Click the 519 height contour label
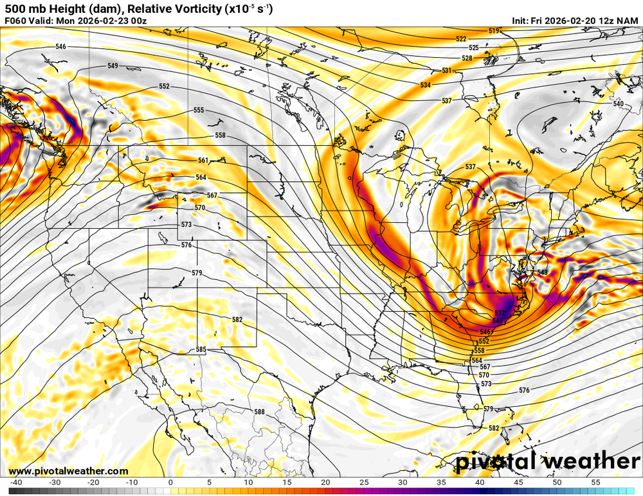(494, 31)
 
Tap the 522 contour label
(461, 39)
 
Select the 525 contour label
(473, 48)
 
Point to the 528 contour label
(467, 58)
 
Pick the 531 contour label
(447, 71)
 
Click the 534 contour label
(426, 85)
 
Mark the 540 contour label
(618, 104)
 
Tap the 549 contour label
(113, 66)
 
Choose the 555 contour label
(199, 111)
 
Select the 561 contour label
(203, 161)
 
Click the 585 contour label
(201, 350)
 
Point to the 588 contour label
(259, 412)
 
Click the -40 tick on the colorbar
(16, 482)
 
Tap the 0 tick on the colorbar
(170, 482)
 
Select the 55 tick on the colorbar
(596, 482)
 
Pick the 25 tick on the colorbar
(365, 482)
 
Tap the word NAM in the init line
(627, 21)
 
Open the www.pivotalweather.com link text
(68, 471)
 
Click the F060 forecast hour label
(15, 21)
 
